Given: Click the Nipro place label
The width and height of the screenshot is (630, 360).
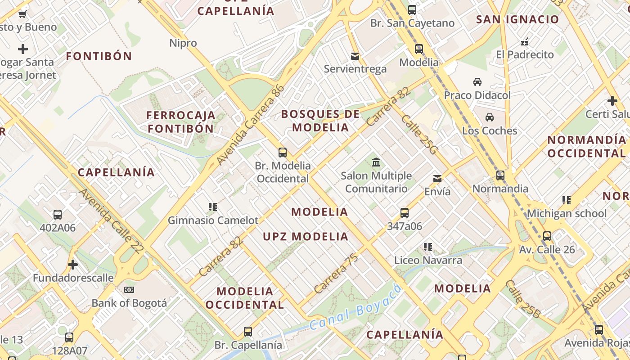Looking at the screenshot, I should point(183,43).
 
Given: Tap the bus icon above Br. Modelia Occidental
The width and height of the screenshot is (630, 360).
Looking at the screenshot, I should point(283,153).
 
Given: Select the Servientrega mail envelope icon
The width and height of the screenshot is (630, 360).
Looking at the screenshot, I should point(355,56).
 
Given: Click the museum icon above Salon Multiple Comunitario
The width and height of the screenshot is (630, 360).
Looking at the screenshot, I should point(376,162).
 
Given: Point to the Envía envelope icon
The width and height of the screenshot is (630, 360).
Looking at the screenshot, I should point(437,179).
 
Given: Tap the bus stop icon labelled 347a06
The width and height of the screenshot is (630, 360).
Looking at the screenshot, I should point(405,213).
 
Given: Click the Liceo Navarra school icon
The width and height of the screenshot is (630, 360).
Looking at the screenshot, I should point(428,247).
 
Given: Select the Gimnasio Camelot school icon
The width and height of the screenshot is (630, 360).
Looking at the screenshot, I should point(213,207).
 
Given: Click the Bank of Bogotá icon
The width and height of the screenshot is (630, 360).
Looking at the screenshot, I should point(129,290).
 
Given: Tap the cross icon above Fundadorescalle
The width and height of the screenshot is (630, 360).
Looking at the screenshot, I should point(73,265).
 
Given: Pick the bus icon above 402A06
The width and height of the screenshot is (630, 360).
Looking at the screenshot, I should point(58,215).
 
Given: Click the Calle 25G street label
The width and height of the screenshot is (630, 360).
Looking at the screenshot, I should point(418,135).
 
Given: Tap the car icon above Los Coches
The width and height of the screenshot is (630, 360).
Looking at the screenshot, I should point(490,117).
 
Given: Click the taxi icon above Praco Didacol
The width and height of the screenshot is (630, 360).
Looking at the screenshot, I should point(477,82).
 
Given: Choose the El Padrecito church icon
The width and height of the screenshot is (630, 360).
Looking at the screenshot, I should point(525,42).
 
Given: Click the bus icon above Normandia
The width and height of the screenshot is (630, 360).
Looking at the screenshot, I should point(500,175).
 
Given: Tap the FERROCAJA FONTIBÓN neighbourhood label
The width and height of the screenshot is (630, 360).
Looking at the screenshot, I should point(181,122).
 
